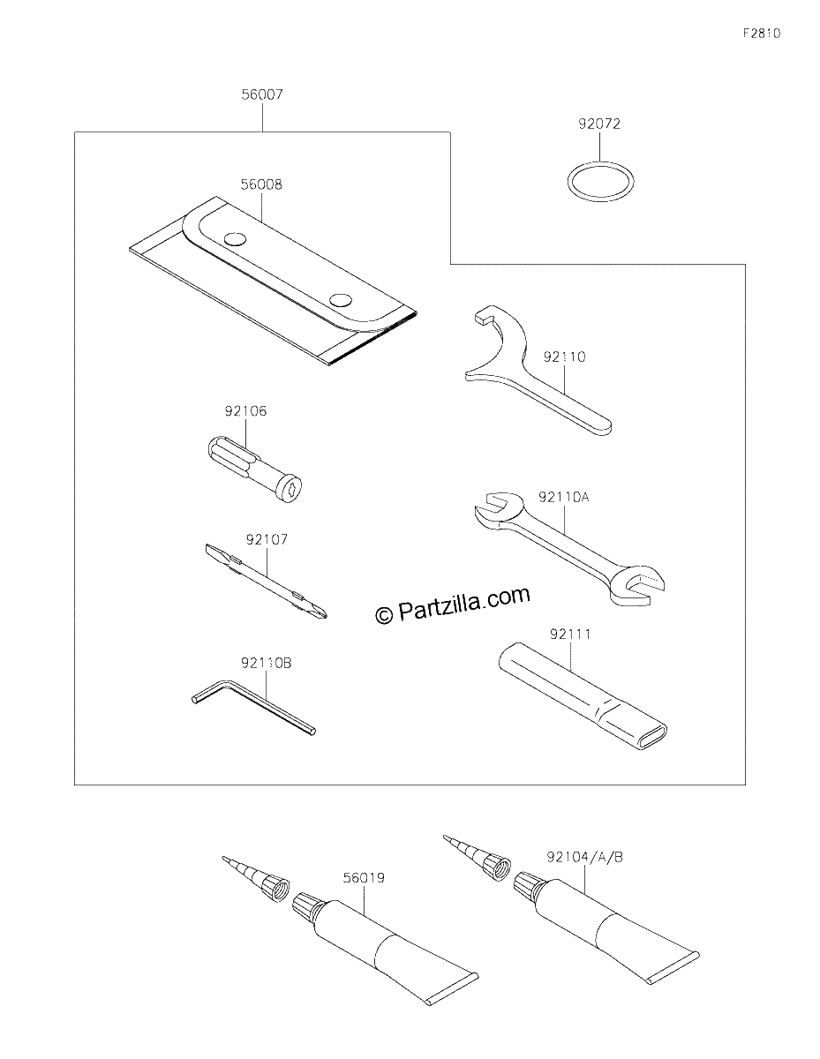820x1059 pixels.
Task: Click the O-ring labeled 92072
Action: [x=568, y=181]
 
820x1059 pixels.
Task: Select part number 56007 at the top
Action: [x=262, y=94]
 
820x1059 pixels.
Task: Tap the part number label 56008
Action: [x=261, y=184]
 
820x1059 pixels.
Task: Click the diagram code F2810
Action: [x=762, y=34]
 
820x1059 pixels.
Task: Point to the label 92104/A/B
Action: [x=584, y=871]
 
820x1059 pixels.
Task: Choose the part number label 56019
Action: [x=364, y=891]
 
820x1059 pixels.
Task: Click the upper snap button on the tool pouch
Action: [x=235, y=239]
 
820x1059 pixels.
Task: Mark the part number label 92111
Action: [x=570, y=634]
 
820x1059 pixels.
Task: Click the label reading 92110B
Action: [x=266, y=664]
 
